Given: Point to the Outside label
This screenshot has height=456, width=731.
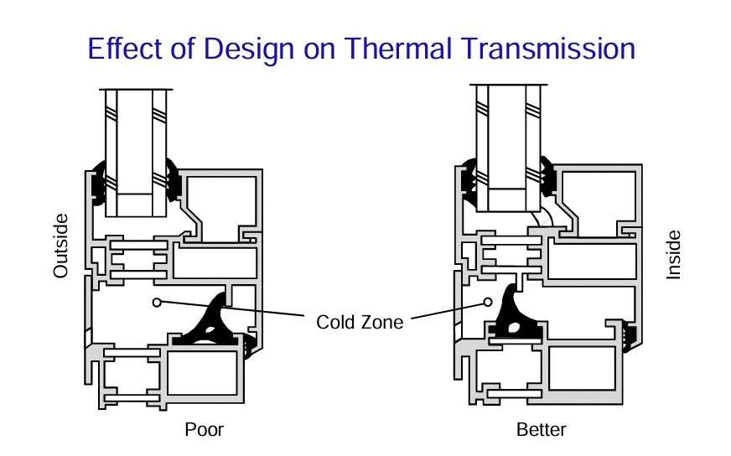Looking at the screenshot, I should coord(61,246).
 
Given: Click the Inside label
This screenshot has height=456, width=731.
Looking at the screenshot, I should coord(673,255).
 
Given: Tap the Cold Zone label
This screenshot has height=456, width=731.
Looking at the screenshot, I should coord(360,322).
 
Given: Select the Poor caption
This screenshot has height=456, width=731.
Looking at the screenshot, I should coord(204,431).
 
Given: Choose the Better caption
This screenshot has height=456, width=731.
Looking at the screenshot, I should coord(541,431).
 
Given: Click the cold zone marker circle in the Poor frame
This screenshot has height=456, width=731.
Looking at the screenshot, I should coord(156,301).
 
